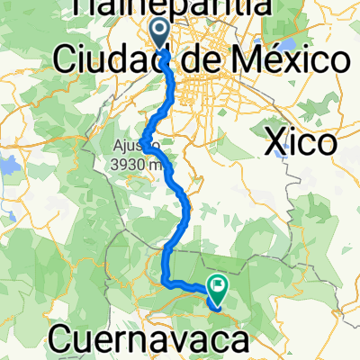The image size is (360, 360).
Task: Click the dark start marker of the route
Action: point(160,34)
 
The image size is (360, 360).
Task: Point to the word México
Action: point(283,61)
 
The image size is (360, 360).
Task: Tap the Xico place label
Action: point(302,141)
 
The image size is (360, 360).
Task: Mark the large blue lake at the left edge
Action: point(7,166)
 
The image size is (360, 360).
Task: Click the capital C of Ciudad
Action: point(66,61)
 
